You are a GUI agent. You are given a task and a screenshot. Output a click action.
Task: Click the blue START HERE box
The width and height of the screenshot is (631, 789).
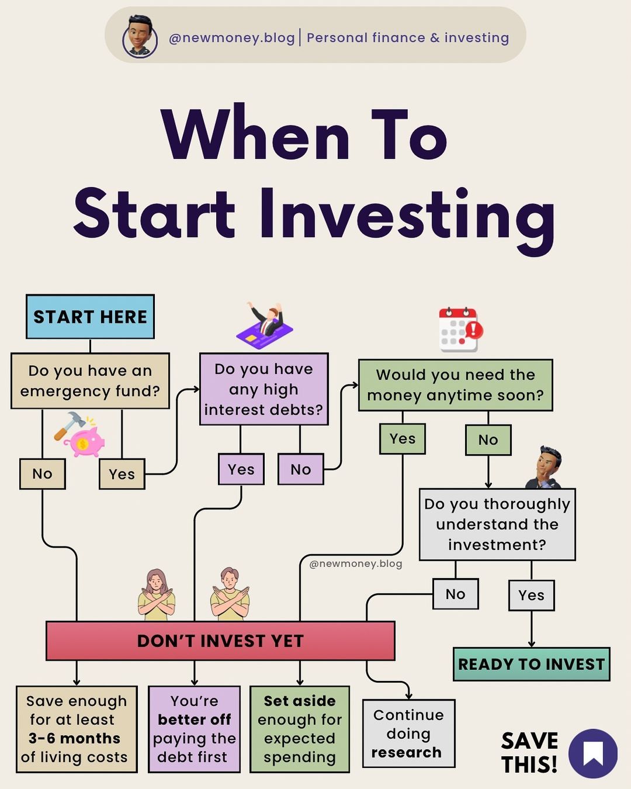[x=90, y=317]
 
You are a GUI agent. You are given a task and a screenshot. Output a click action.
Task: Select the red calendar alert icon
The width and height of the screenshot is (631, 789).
[x=461, y=329]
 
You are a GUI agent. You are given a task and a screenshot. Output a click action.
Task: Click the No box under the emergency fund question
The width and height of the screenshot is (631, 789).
[x=43, y=474]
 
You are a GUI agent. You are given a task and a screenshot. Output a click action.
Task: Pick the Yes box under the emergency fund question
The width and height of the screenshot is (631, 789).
[x=122, y=474]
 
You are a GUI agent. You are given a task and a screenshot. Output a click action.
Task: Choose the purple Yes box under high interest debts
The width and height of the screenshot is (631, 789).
[x=241, y=470]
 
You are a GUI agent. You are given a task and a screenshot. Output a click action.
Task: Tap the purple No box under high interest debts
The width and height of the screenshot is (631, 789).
[x=301, y=470]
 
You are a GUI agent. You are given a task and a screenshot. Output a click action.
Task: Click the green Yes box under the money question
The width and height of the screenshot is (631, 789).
[x=403, y=439]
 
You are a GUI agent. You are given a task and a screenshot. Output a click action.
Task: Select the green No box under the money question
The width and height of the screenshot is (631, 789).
[x=488, y=440]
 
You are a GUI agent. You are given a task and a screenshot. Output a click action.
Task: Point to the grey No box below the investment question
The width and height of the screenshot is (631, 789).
[x=456, y=594]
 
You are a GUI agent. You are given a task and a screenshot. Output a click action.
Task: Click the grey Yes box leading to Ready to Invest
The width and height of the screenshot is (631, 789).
[x=532, y=596]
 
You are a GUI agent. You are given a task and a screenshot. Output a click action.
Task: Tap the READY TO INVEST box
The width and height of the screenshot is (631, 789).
[x=532, y=665]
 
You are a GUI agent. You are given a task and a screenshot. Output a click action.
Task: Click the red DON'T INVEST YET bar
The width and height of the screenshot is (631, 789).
[x=220, y=641]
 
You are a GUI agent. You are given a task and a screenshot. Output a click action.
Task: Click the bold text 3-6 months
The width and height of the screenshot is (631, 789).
[x=74, y=738]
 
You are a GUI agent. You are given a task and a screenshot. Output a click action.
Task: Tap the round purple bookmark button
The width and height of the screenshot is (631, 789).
[x=593, y=754]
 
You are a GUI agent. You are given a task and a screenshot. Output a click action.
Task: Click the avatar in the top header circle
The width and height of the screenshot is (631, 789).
[x=140, y=37]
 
